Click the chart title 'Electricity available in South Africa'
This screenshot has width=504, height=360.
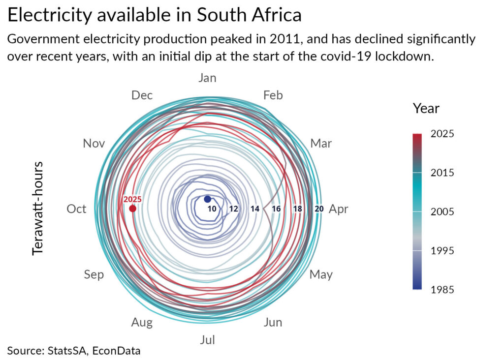pos(154,15)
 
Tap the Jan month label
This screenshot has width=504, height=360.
pos(207,78)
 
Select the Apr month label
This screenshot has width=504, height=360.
pos(338,210)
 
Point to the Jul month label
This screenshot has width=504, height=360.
pos(207,340)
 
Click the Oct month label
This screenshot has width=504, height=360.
pos(76,209)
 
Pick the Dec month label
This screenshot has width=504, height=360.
pos(142,95)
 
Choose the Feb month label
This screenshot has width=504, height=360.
pos(273,95)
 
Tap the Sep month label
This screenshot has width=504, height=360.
pos(94,275)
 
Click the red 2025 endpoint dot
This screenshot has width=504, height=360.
pos(132,209)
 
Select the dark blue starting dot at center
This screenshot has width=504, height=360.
pos(207,199)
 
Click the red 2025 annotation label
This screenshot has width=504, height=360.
pos(132,200)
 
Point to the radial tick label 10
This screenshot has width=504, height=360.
pos(212,209)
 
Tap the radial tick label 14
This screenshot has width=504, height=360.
pos(255,209)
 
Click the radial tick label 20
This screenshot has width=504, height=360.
pos(319,209)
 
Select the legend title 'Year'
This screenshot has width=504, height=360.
pos(426,109)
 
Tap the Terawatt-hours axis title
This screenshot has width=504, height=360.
pos(37,209)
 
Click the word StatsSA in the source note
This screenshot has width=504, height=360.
pos(67,350)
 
